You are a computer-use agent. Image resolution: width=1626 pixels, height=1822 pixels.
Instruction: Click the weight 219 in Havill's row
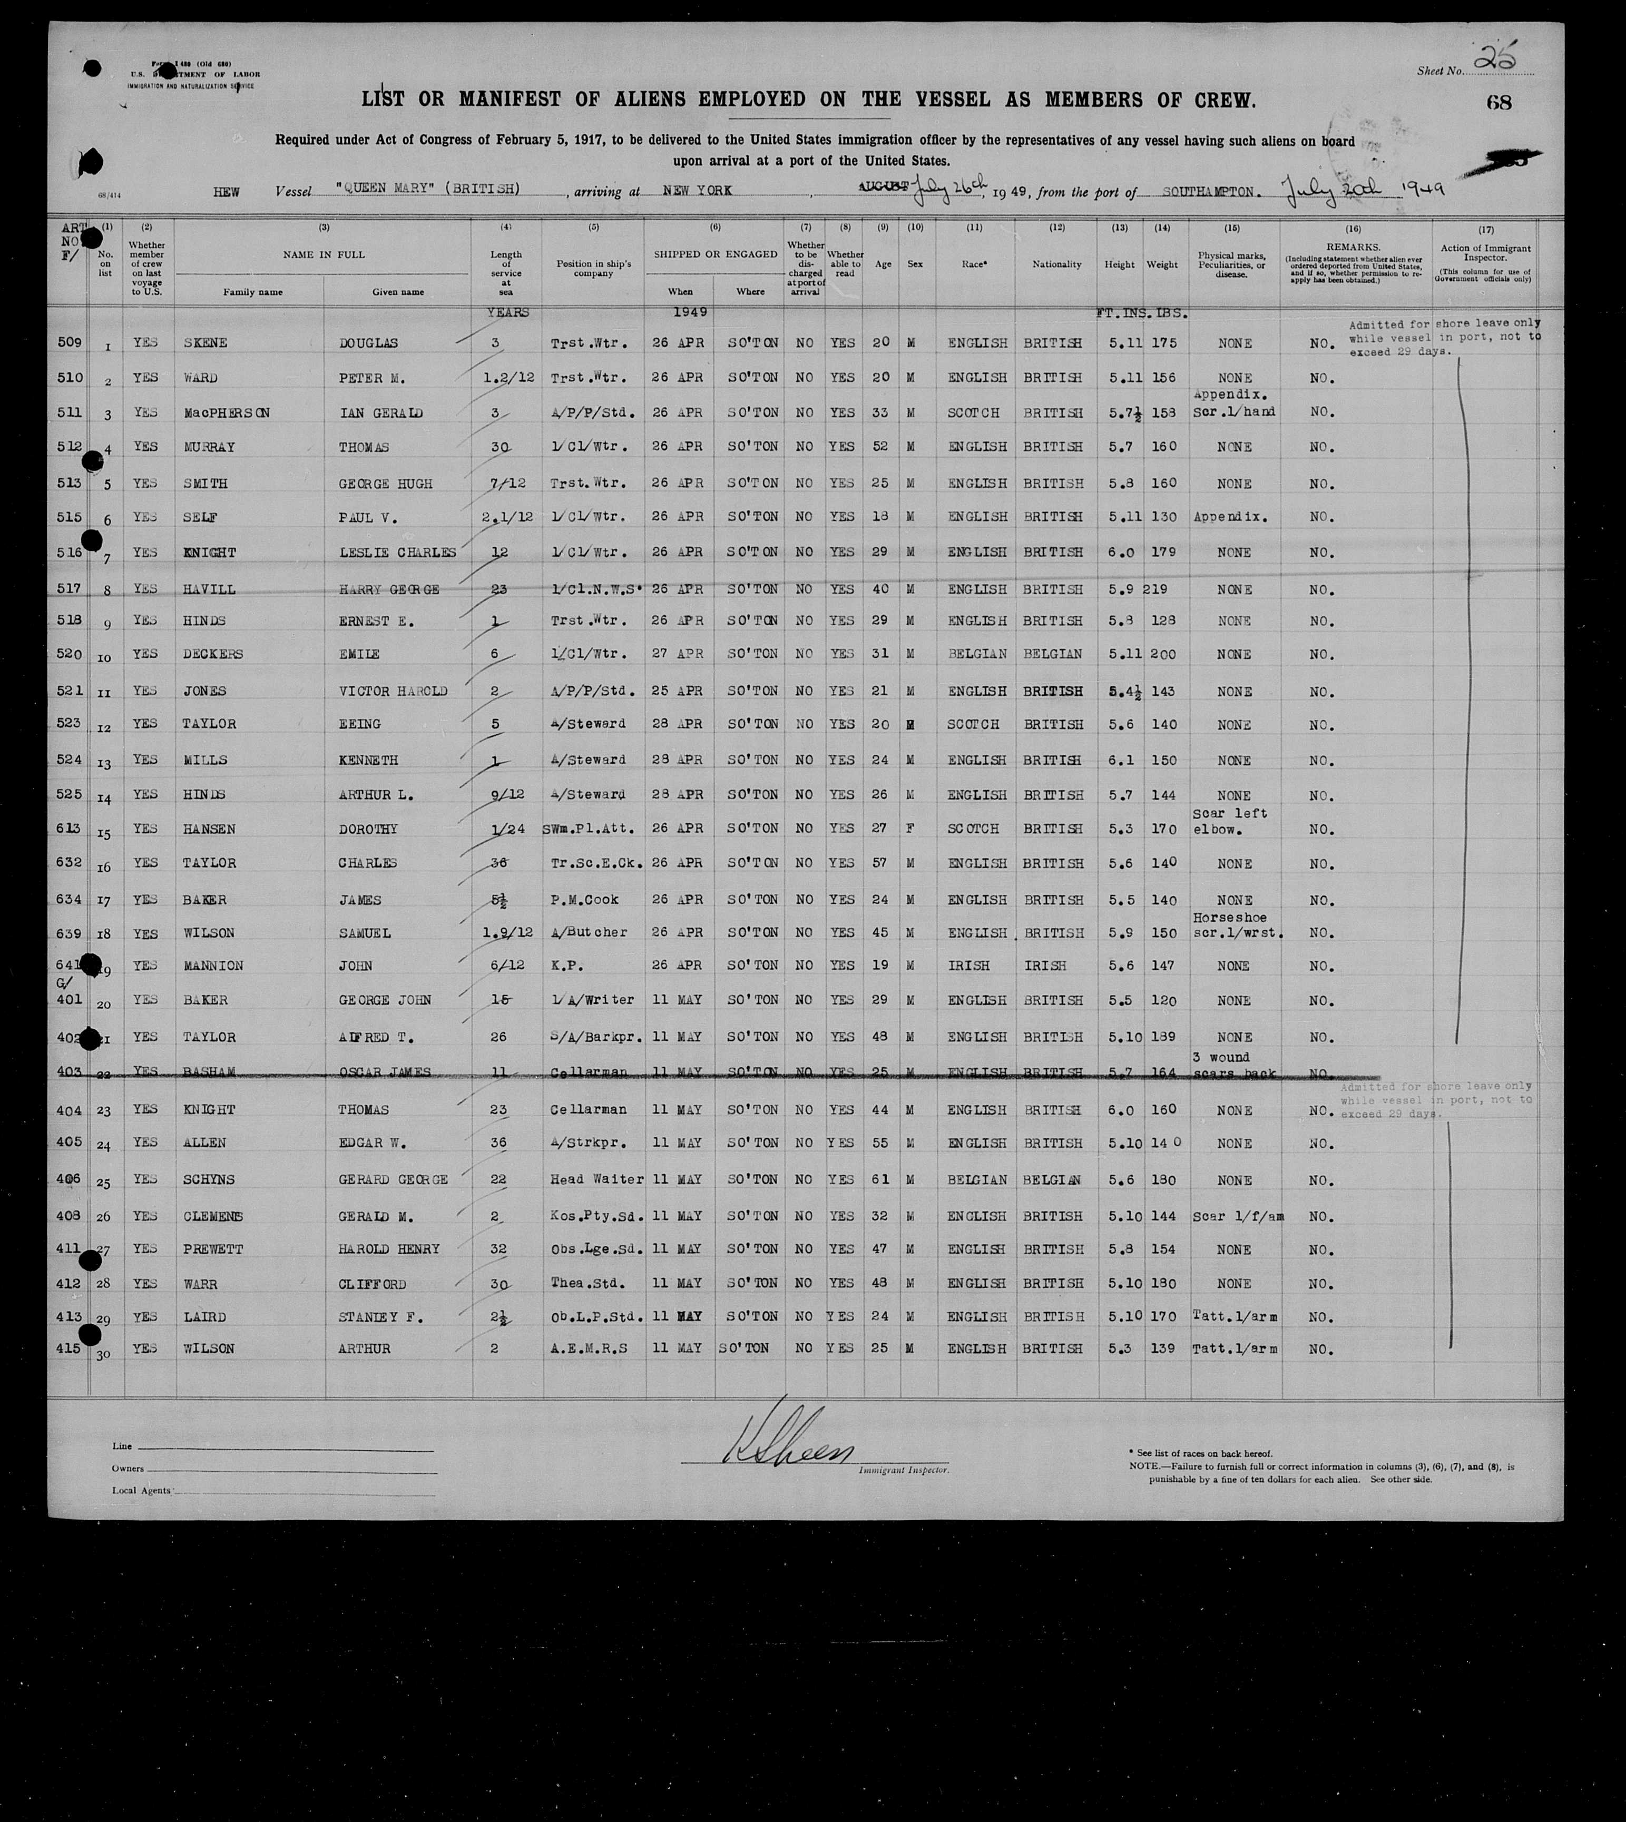1156,589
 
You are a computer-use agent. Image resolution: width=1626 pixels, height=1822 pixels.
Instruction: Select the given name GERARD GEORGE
393,1180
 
